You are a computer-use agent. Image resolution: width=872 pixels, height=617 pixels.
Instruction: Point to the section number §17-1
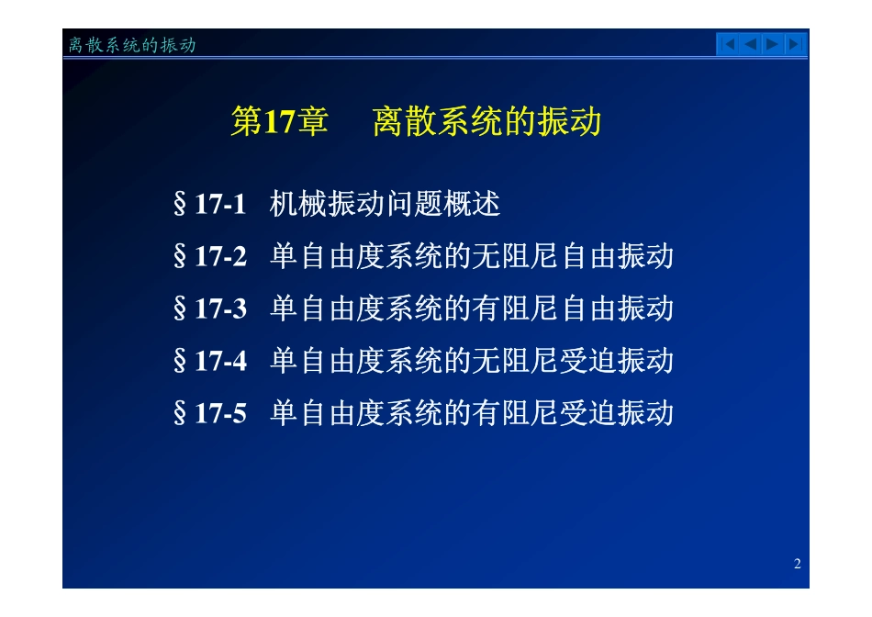point(210,204)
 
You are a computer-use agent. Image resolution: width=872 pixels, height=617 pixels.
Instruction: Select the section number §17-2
point(210,256)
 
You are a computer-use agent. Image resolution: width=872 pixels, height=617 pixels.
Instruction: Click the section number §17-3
point(210,308)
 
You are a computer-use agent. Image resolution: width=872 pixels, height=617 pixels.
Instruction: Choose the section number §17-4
point(210,361)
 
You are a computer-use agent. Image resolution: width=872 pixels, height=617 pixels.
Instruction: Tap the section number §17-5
point(210,413)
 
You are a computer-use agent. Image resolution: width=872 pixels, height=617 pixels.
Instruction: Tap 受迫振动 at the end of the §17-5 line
point(616,413)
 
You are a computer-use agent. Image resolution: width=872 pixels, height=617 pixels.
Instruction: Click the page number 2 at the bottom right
point(797,564)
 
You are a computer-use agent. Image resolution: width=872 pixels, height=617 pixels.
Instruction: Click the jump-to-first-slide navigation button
point(727,44)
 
